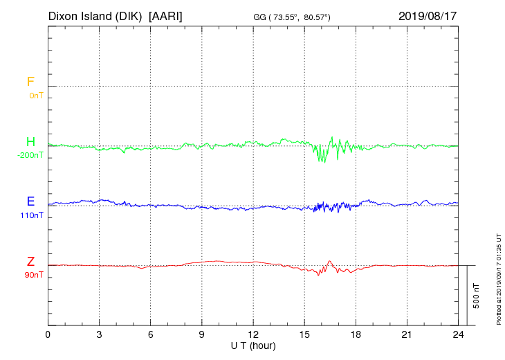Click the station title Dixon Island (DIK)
[x=96, y=15]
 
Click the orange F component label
[x=30, y=82]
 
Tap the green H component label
[x=30, y=143]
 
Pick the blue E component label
[x=30, y=202]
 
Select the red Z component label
[x=30, y=262]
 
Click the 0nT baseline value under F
[x=35, y=96]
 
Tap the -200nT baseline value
[x=30, y=156]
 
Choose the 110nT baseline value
[x=31, y=215]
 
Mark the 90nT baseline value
[x=33, y=275]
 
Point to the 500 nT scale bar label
[x=477, y=294]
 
